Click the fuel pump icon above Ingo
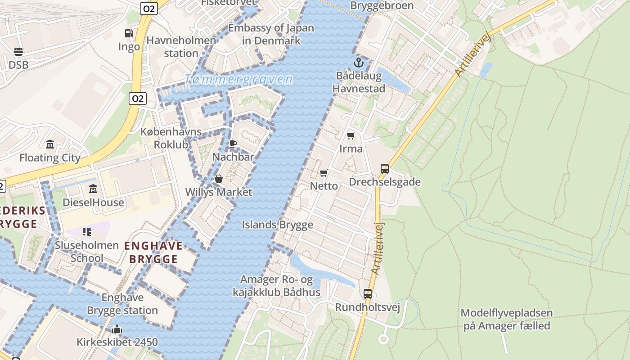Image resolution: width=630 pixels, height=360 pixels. coord(129,33)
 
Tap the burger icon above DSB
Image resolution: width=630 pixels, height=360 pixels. coord(18,52)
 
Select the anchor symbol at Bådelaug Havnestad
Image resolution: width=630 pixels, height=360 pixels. coord(359,63)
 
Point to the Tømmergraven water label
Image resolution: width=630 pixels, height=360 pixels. coord(238,80)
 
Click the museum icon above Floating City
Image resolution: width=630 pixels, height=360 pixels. coord(50,144)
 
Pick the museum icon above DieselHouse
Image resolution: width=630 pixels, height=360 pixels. coord(93,189)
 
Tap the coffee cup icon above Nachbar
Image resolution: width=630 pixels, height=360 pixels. coord(233,144)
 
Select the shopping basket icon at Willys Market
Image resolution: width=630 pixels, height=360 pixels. coord(219,179)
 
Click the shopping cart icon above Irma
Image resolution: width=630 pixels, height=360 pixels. coord(351,135)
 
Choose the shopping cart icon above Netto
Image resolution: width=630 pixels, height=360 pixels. coord(324,173)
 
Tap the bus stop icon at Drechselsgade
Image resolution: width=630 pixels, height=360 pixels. coord(385,169)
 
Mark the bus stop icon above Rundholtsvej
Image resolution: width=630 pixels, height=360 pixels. coord(368,294)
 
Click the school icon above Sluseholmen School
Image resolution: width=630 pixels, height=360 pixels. coord(87,232)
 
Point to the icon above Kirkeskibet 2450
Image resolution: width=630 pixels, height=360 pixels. coord(117,329)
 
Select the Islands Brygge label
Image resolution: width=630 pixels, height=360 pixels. coord(278,225)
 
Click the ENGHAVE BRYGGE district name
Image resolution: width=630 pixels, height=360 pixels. coord(153,252)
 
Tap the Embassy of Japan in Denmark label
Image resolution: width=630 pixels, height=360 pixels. coord(271,34)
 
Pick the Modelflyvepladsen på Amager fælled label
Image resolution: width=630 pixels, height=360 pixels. coord(507,319)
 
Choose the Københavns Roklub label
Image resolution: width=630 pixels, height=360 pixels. coord(171,138)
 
